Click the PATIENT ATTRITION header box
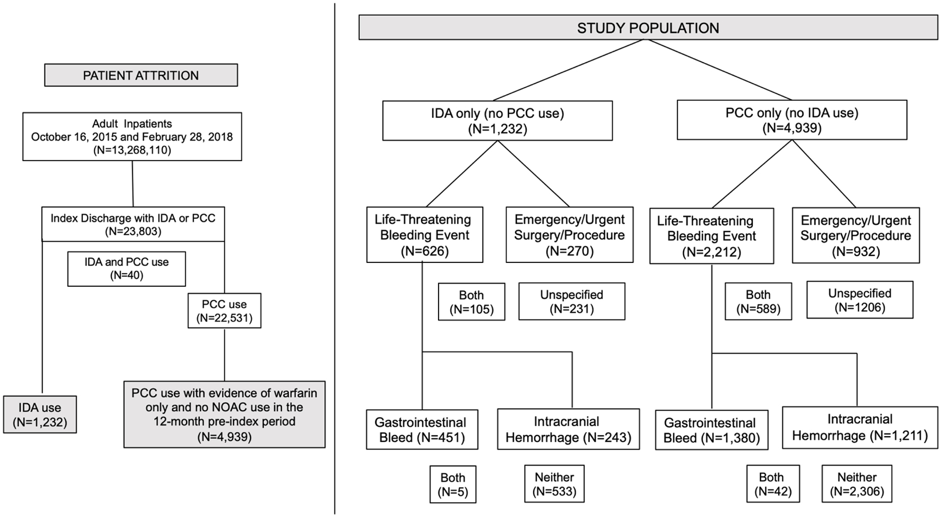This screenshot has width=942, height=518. point(141,75)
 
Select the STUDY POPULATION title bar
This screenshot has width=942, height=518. point(648,27)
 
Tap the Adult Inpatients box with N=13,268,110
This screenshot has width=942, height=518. point(132,137)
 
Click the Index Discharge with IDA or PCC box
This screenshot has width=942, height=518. point(133,224)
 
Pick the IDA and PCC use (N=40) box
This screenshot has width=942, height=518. point(127,269)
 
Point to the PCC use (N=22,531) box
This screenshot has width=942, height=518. point(224,311)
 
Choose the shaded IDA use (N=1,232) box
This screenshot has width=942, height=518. point(40,414)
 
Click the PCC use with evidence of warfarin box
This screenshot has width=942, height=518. point(224,414)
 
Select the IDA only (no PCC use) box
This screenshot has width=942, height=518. point(498,121)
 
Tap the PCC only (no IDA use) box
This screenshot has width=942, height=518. point(792,120)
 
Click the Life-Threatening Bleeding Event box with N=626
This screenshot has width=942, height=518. point(425,235)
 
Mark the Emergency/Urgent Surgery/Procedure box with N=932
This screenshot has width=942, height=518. point(856,235)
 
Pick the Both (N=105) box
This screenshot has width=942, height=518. point(472,302)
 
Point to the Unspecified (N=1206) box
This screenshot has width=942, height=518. point(860,300)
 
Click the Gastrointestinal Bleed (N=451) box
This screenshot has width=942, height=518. point(422,429)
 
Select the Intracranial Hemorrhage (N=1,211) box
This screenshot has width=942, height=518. point(860,428)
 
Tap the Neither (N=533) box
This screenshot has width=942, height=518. point(554,484)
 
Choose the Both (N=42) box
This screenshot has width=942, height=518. point(771,484)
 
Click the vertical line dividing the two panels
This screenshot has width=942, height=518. point(335,259)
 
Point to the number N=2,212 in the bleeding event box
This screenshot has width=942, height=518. point(711,252)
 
